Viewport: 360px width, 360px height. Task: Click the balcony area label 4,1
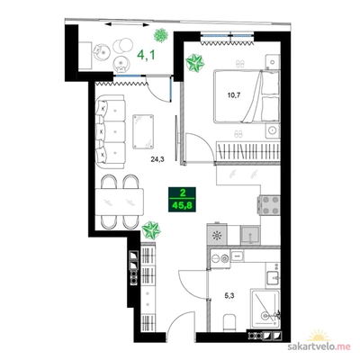[x=147, y=55]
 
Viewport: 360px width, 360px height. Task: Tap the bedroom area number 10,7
[x=234, y=95]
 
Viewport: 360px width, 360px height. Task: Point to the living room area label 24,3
[x=157, y=159]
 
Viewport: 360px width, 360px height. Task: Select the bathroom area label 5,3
[x=229, y=296]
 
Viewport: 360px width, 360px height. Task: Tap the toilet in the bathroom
[x=230, y=323]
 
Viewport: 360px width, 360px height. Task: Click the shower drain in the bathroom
[x=265, y=316]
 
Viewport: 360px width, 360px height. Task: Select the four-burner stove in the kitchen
[x=269, y=205]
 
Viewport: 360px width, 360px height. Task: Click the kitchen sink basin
[x=250, y=235]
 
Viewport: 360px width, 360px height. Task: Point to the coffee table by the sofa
[x=143, y=131]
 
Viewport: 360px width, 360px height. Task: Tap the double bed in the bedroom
[x=247, y=96]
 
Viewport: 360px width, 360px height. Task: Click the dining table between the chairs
[x=120, y=202]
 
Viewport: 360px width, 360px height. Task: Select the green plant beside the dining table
[x=151, y=230]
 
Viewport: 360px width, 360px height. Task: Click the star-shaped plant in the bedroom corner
[x=194, y=63]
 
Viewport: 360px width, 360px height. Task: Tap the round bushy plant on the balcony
[x=160, y=36]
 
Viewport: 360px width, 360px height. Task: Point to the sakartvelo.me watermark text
[x=319, y=346]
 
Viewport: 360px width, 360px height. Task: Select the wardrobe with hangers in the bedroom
[x=248, y=151]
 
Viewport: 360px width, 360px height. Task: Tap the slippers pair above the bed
[x=240, y=63]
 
